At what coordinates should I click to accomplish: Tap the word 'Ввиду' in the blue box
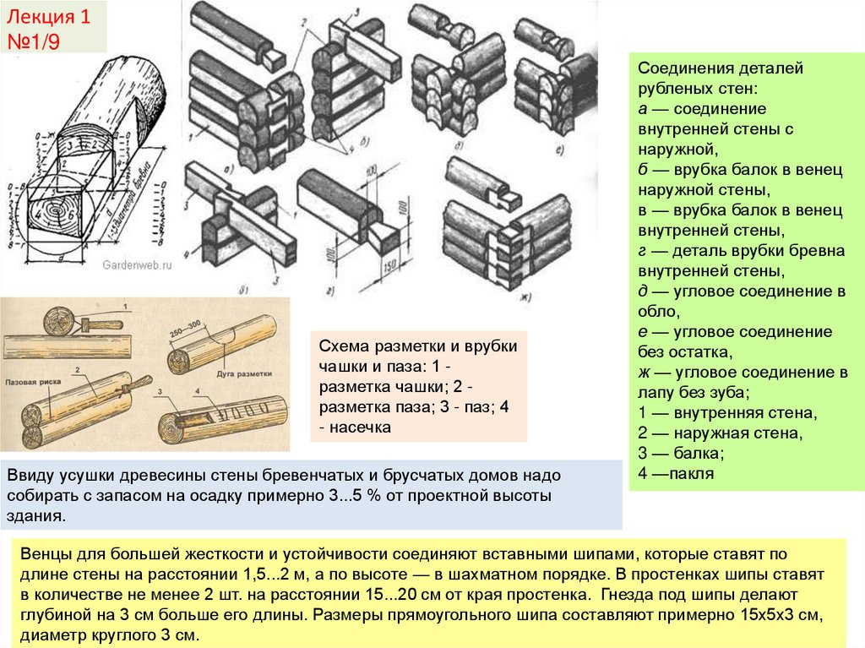pyautogui.click(x=30, y=476)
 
